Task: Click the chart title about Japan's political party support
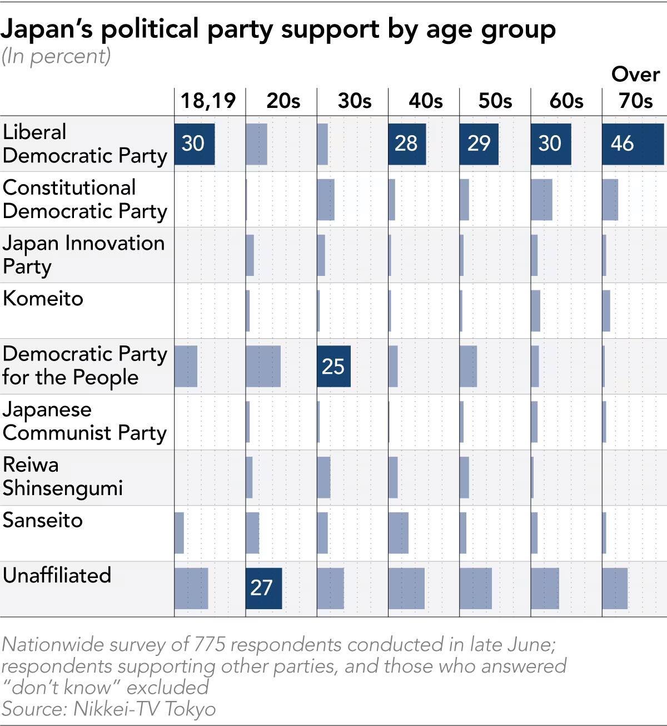point(278,29)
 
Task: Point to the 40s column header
point(425,101)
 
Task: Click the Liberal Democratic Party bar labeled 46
point(633,144)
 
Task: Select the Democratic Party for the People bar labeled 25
point(333,366)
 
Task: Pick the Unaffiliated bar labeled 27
point(263,588)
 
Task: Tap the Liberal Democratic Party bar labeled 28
point(407,144)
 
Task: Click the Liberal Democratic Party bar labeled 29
point(479,144)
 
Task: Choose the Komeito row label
point(43,299)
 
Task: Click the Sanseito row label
point(43,520)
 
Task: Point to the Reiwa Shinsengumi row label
point(62,476)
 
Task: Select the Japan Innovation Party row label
point(83,255)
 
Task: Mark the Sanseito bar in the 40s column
point(398,532)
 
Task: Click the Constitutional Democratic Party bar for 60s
point(541,200)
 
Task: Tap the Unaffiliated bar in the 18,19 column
point(191,588)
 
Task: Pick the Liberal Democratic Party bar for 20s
point(256,144)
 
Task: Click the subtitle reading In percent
point(56,56)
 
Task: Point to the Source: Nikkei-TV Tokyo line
point(108,709)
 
